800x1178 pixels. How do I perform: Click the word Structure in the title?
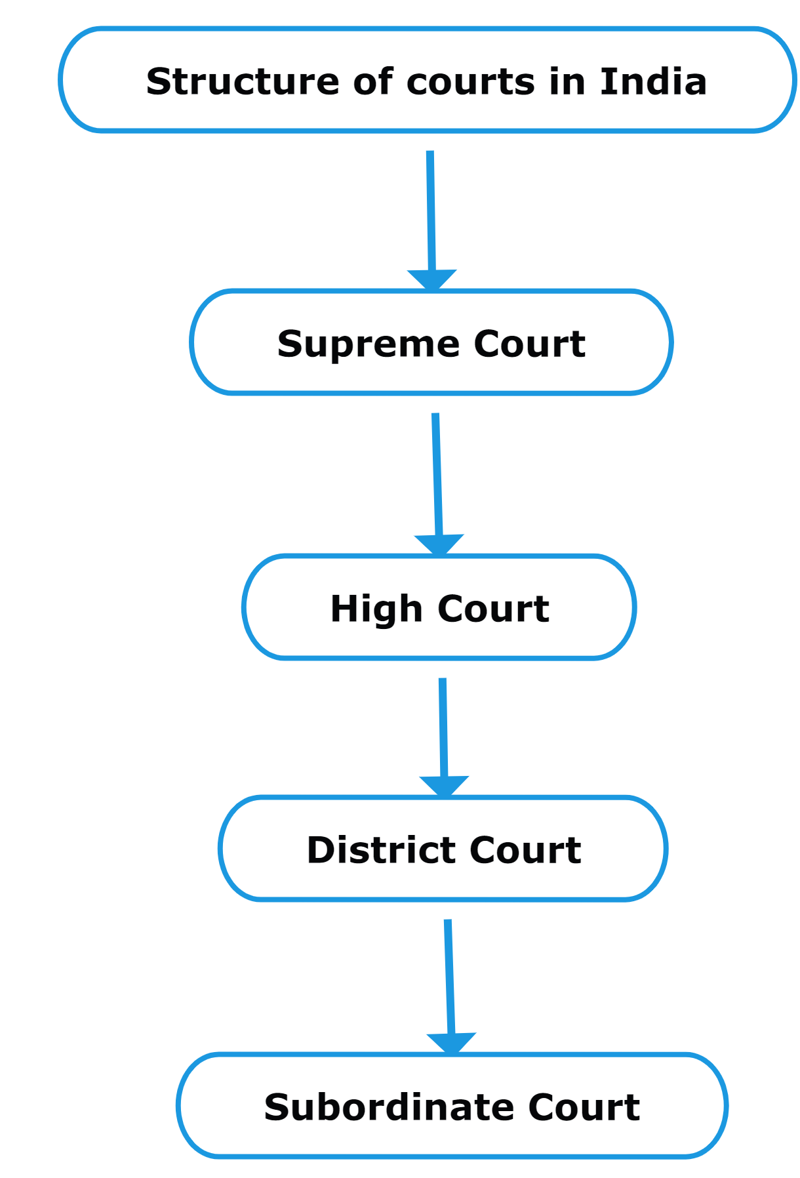click(x=243, y=82)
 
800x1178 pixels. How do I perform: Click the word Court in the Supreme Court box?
click(x=529, y=344)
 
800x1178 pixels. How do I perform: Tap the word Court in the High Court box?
click(x=493, y=609)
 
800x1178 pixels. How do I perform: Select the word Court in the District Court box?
click(x=525, y=851)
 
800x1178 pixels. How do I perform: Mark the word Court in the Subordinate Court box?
click(x=584, y=1108)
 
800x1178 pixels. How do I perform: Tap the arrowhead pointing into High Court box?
click(x=439, y=544)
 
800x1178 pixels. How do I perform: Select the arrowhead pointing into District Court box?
click(x=444, y=786)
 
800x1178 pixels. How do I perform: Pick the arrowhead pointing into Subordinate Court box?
click(x=451, y=1043)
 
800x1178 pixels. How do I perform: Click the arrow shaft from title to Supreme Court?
click(x=431, y=210)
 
